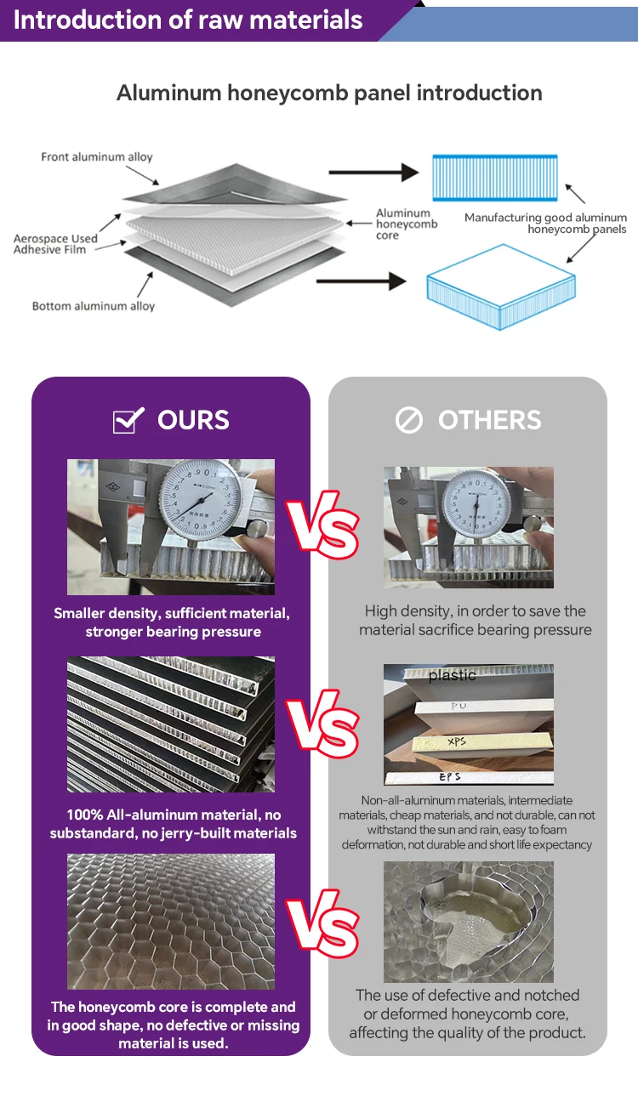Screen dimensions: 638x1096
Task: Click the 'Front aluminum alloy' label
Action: (97, 157)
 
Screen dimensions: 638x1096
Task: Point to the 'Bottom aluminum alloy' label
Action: (94, 306)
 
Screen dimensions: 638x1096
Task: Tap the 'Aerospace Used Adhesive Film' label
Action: (55, 244)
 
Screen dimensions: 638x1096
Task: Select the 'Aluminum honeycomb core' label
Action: (407, 224)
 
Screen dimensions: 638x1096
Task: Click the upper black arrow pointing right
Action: (374, 173)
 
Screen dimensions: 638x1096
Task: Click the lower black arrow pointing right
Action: (374, 281)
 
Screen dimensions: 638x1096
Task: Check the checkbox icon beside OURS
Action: (128, 420)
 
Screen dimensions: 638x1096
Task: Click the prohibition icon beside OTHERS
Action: (409, 420)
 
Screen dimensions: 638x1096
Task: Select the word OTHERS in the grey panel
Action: (489, 420)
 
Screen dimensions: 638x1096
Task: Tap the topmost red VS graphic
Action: (322, 529)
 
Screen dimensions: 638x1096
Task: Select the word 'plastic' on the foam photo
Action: (452, 676)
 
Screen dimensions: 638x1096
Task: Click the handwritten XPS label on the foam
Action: (457, 742)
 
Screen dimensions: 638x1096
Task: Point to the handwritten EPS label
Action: (452, 775)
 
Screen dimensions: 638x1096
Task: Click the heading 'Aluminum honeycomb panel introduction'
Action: (329, 93)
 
